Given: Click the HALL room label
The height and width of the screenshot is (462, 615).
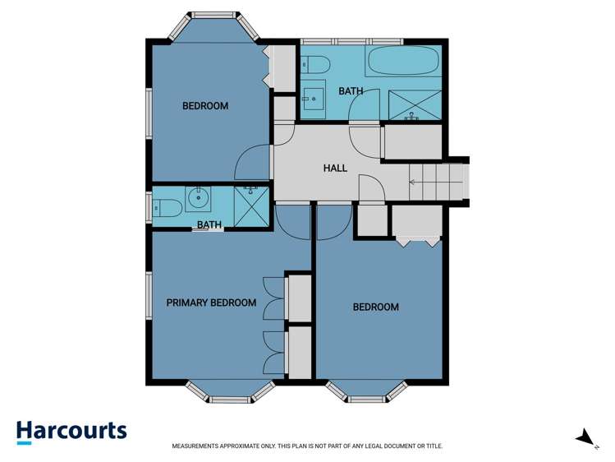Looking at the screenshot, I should pyautogui.click(x=335, y=168).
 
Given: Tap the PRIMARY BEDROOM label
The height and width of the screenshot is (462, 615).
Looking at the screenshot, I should pyautogui.click(x=211, y=303).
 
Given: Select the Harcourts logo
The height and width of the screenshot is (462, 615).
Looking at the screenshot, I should pyautogui.click(x=71, y=432).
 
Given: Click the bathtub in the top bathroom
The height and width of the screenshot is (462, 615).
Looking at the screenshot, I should pyautogui.click(x=403, y=62).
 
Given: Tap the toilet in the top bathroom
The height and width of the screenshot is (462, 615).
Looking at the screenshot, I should pyautogui.click(x=316, y=64).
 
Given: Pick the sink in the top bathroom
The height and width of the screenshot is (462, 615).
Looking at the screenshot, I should pyautogui.click(x=313, y=99).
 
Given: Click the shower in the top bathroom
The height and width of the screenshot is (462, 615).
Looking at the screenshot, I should pyautogui.click(x=414, y=105).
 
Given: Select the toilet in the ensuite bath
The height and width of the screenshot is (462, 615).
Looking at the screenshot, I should pyautogui.click(x=167, y=206).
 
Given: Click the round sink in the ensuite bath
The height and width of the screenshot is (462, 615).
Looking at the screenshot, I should pyautogui.click(x=198, y=198).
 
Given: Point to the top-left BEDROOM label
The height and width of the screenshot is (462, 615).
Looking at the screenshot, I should pyautogui.click(x=205, y=106).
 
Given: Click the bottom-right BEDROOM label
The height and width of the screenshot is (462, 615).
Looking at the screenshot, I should pyautogui.click(x=375, y=307).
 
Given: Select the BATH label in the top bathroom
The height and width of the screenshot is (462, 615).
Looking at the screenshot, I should pyautogui.click(x=351, y=91).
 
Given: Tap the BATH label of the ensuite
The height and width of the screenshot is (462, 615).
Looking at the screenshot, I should pyautogui.click(x=209, y=224).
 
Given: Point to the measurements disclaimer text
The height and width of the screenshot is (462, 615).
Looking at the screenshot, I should pyautogui.click(x=307, y=446).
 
